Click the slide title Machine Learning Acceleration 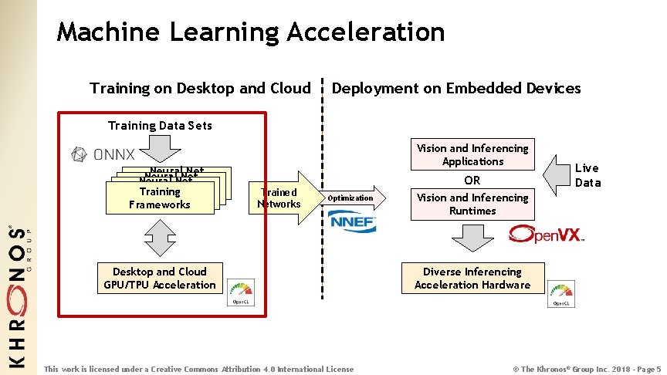pos(251,32)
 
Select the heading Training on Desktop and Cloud pos(200,88)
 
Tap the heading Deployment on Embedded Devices pos(455,88)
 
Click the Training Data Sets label pos(160,125)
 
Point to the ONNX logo pos(103,154)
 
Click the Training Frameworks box pos(160,198)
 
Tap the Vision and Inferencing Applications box pos(472,155)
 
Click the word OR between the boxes pos(472,180)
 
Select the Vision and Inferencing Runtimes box pos(472,204)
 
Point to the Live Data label pos(587,175)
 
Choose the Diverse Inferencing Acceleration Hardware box pos(472,278)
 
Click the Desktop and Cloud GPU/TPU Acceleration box pos(160,278)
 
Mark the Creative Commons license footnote pos(199,369)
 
